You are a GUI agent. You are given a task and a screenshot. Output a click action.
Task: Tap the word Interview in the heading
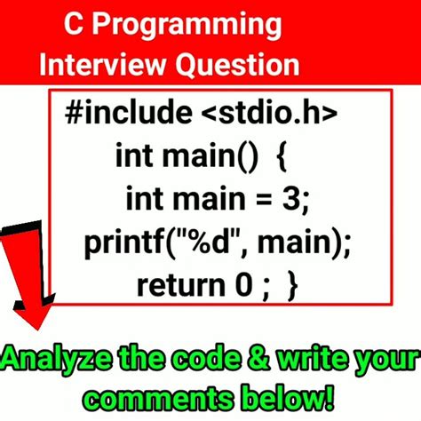point(94,64)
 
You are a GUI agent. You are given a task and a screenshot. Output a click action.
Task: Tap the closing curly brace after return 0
point(291,285)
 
